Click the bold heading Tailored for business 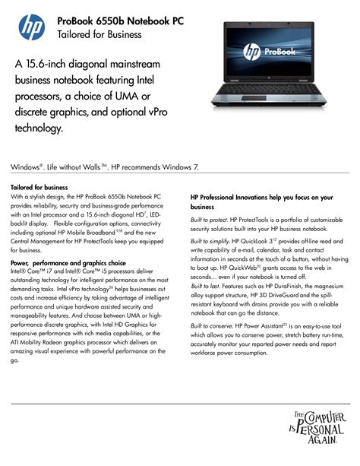(x=39, y=187)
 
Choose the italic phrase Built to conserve (x=213, y=325)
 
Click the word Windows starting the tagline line (x=26, y=165)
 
